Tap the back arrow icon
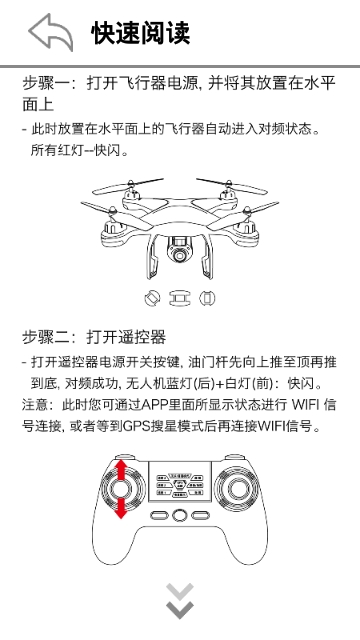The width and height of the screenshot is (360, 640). click(x=50, y=32)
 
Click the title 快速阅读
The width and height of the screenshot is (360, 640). click(x=140, y=33)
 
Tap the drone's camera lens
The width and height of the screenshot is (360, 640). click(x=181, y=254)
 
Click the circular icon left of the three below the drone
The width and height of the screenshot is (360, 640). click(x=153, y=297)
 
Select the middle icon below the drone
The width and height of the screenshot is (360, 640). click(x=180, y=297)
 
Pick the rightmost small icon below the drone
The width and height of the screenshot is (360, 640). click(x=207, y=297)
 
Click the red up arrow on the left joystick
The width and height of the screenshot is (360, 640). click(x=122, y=469)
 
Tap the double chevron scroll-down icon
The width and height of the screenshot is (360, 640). click(x=180, y=603)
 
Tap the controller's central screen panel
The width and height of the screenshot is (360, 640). click(x=180, y=484)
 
